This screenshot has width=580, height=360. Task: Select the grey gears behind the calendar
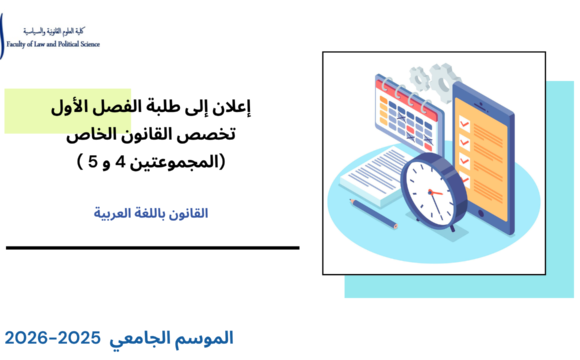[x=434, y=75]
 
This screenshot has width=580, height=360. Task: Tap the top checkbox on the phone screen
[x=466, y=102]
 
